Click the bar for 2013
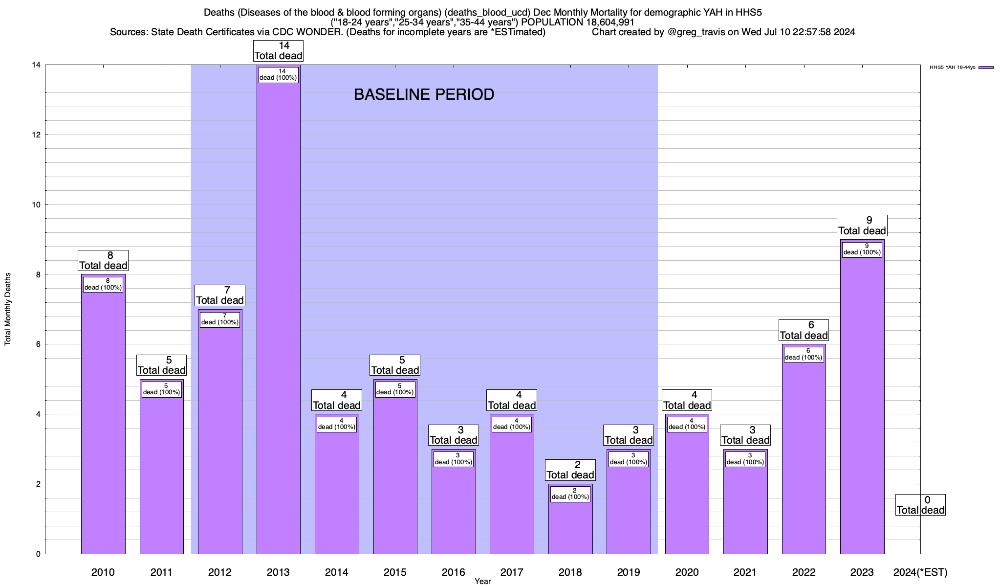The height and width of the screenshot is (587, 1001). pos(278,318)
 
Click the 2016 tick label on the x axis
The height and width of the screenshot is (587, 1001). pos(453,572)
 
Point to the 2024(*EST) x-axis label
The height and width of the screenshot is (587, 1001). pos(920,572)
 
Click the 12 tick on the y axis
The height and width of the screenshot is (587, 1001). pos(37,135)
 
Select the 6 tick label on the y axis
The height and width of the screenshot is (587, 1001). pos(38,344)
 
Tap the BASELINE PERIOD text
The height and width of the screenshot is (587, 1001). pos(424,94)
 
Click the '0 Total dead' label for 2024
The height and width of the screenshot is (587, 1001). pos(920,505)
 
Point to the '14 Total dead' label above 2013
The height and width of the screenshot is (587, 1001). pos(278,51)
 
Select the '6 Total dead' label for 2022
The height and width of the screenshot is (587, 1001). pos(804,330)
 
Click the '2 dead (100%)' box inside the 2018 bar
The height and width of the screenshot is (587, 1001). pos(570,494)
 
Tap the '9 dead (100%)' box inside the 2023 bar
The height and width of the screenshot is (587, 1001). pos(862,249)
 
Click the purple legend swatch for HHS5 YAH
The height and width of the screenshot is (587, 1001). pos(986,68)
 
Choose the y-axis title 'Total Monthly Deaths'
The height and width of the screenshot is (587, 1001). pos(8,309)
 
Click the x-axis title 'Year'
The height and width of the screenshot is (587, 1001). pos(482,582)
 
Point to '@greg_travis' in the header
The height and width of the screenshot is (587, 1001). pos(695,32)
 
